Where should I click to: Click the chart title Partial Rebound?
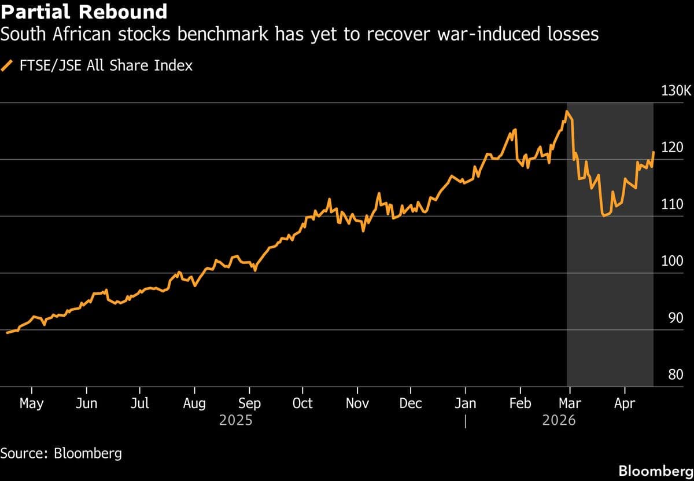point(84,12)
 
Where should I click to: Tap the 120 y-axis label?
point(673,148)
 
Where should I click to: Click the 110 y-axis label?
point(673,204)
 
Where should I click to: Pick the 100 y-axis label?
point(673,261)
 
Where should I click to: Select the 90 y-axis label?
point(675,318)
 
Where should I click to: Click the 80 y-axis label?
point(675,374)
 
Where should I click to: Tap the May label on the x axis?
point(31,403)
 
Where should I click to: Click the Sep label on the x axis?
point(249,403)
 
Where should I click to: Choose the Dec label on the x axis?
point(411,403)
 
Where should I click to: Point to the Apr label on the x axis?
point(624,403)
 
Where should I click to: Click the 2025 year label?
point(236,420)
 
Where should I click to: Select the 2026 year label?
point(559,420)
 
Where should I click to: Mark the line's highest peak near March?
point(567,111)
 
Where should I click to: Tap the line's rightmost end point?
point(654,152)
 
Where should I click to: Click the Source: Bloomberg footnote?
point(61,453)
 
